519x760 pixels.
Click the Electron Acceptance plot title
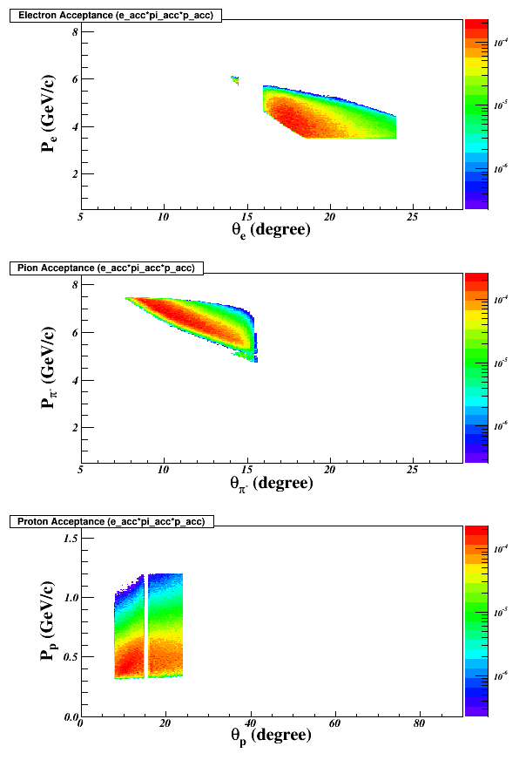point(116,16)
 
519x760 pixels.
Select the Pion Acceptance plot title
point(106,268)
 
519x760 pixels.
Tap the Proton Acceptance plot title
point(111,521)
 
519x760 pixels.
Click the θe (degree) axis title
point(271,230)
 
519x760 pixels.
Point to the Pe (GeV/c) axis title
point(49,114)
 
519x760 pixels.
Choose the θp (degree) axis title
point(271,736)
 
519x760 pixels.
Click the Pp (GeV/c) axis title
point(49,621)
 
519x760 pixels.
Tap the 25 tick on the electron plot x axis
point(413,217)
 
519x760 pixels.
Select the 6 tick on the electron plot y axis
point(76,79)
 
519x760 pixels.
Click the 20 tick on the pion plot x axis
point(330,470)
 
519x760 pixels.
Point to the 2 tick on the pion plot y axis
point(76,427)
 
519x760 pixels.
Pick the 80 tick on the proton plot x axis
point(419,723)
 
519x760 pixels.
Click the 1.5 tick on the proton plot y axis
point(71,538)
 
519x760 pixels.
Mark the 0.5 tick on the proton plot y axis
point(71,657)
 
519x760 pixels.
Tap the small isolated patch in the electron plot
point(235,80)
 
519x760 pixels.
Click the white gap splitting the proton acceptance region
point(146,625)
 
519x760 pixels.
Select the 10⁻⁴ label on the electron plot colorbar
point(501,43)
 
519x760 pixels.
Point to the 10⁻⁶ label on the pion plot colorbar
point(501,426)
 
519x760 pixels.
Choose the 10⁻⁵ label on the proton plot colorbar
point(501,613)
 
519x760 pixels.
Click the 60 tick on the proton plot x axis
point(334,723)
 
